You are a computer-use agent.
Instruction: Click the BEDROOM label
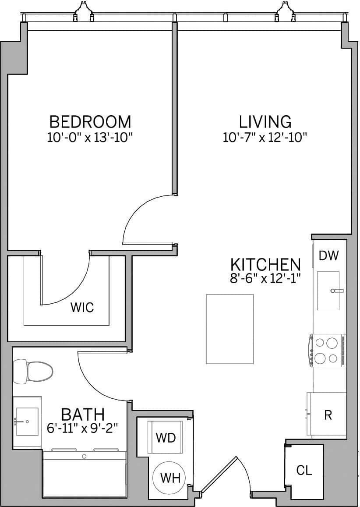tap(90, 121)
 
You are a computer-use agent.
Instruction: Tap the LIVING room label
tap(265, 121)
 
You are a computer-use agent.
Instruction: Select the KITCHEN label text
tap(265, 265)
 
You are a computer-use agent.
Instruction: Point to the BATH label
tap(83, 414)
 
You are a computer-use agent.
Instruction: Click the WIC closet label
tap(82, 308)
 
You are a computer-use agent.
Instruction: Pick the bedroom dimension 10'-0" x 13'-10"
tap(90, 138)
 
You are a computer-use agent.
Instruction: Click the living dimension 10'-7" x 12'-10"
tap(265, 138)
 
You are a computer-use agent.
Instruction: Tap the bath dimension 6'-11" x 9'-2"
tap(82, 428)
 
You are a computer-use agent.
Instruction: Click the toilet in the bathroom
tap(34, 371)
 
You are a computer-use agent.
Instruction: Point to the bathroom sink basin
tap(27, 422)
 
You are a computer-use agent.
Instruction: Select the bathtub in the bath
tap(84, 475)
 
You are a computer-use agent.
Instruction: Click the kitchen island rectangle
tap(229, 329)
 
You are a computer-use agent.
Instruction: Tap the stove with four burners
tap(328, 350)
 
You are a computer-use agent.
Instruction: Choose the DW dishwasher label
tap(329, 256)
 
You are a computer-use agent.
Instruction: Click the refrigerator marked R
tap(328, 415)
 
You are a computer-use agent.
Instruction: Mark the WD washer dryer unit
tap(166, 437)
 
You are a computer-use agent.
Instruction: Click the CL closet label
tap(304, 471)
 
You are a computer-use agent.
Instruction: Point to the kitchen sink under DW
tap(328, 291)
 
